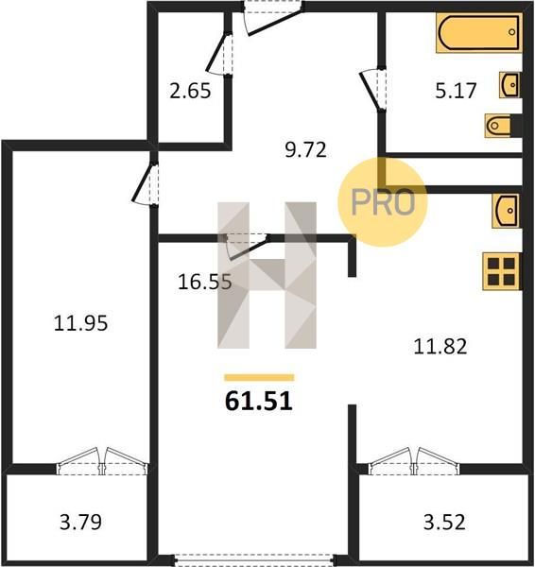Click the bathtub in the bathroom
[479, 33]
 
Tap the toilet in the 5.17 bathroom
[503, 126]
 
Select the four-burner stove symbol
[502, 271]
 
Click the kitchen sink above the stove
[507, 211]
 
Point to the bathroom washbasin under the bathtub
[510, 85]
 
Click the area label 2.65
[190, 91]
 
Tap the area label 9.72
[305, 149]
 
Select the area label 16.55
[205, 282]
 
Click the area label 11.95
[80, 323]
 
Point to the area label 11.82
[440, 346]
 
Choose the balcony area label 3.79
[80, 523]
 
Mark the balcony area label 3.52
[444, 523]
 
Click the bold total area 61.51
[259, 402]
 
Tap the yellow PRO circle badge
[383, 202]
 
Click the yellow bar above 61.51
[259, 377]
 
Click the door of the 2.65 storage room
[219, 54]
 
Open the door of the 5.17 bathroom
[373, 89]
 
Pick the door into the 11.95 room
[145, 184]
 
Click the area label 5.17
[456, 91]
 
